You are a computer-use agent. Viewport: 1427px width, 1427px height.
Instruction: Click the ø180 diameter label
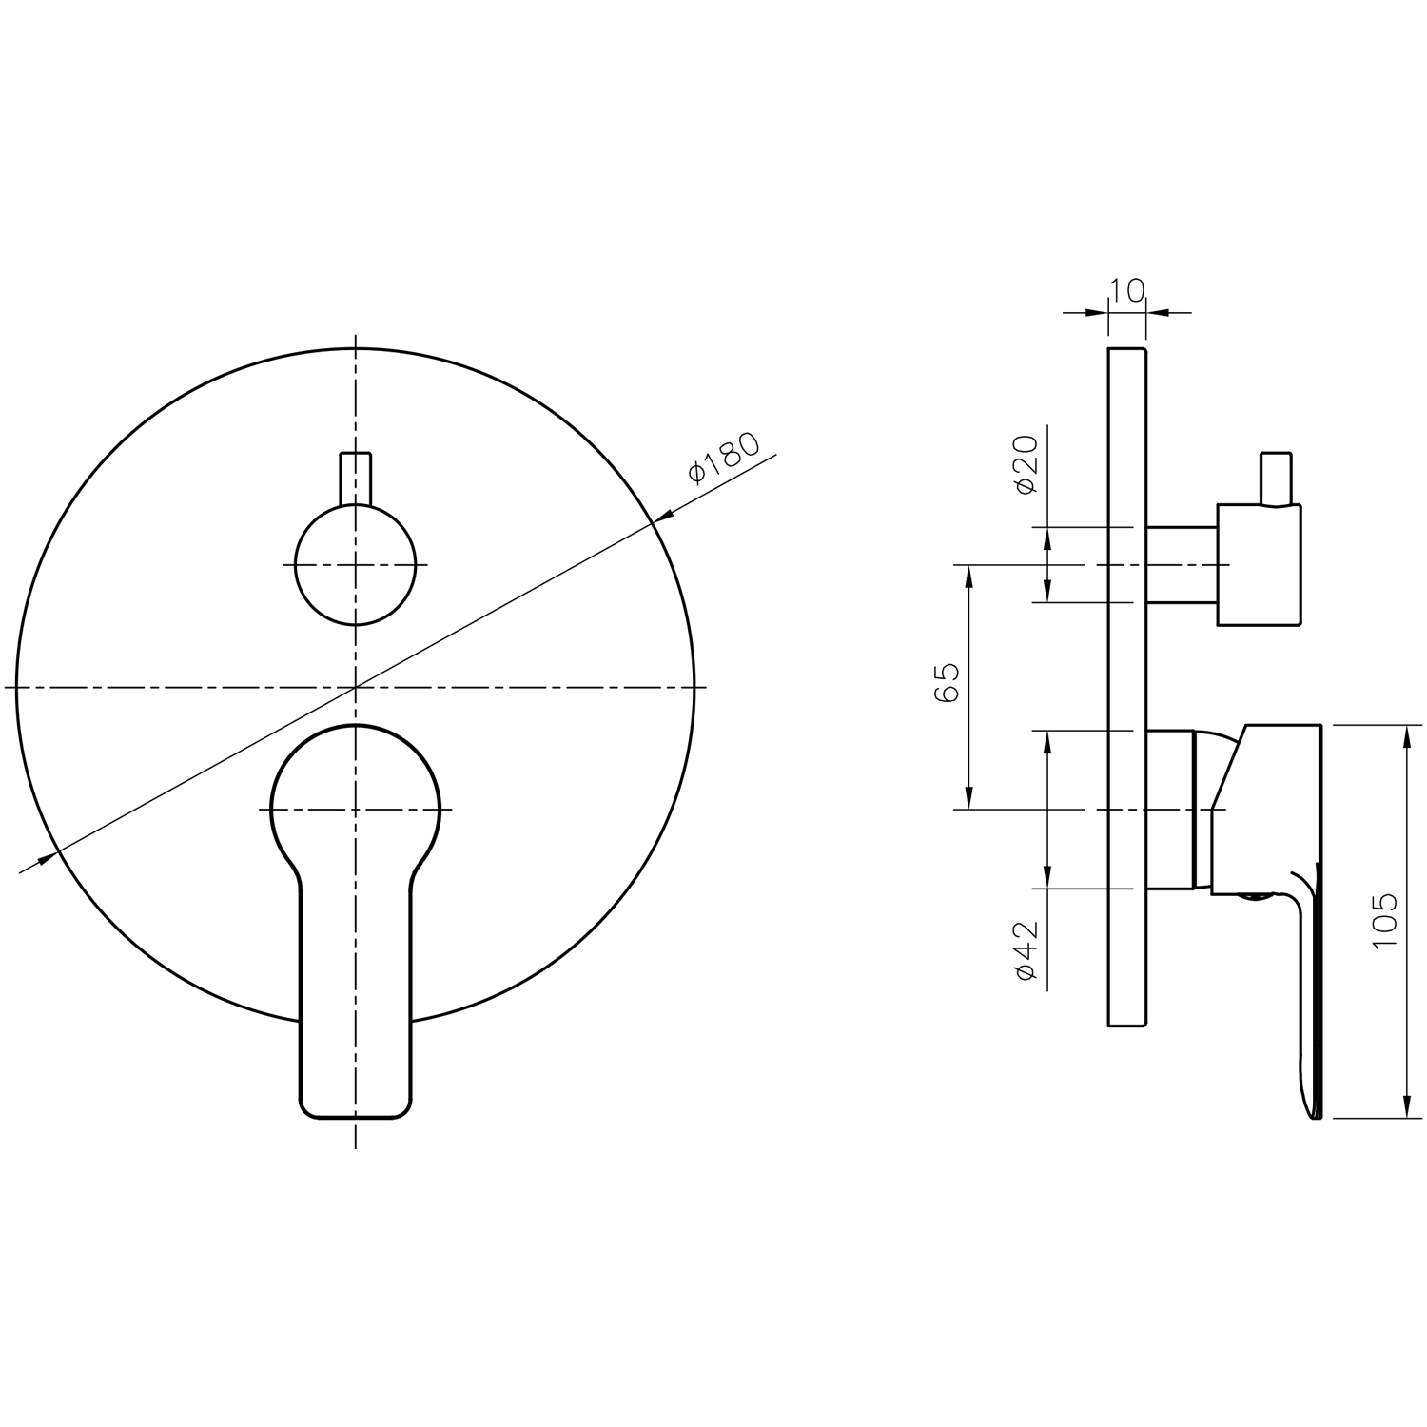pos(725,458)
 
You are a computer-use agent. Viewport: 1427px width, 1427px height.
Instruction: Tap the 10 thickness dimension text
pos(1127,291)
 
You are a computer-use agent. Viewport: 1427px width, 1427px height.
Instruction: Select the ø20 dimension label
pos(1025,464)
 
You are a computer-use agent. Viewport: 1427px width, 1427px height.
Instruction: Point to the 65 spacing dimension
pos(947,682)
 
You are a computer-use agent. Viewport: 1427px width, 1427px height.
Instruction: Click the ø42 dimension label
pos(1025,951)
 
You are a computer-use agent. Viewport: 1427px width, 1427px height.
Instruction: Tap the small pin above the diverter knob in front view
pos(356,478)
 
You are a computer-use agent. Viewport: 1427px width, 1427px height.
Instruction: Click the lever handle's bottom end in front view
pos(356,1117)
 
